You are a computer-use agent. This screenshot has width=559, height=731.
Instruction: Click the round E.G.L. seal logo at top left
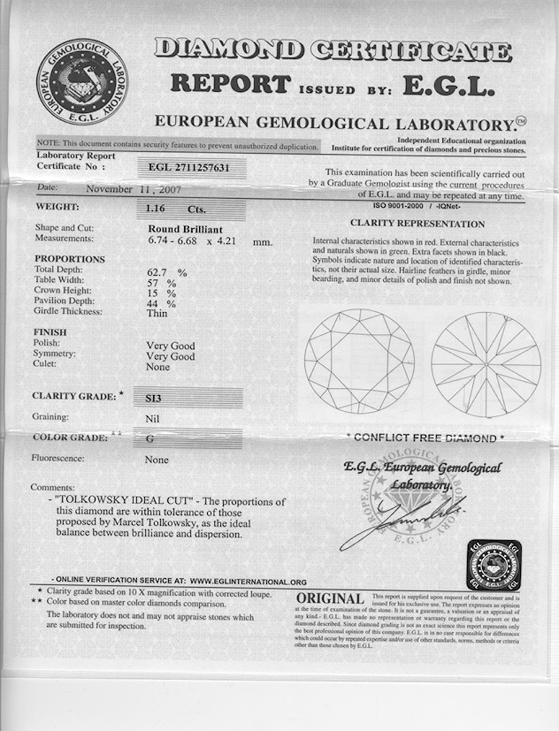[x=82, y=80]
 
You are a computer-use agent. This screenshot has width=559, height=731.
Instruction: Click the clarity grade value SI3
[x=154, y=399]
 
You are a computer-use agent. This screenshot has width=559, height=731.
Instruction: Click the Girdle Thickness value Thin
[x=157, y=311]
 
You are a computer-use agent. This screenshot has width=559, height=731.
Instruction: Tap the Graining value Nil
[x=152, y=417]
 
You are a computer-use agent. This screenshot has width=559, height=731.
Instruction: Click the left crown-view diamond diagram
[x=359, y=361]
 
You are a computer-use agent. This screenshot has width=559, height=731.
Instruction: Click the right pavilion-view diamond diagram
[x=486, y=363]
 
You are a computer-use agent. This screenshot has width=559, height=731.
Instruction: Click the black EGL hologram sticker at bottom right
[x=494, y=566]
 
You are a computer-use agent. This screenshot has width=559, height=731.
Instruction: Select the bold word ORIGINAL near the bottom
[x=331, y=600]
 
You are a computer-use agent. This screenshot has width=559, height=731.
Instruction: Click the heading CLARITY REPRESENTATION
[x=417, y=224]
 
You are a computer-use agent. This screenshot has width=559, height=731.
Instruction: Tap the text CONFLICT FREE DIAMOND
[x=426, y=438]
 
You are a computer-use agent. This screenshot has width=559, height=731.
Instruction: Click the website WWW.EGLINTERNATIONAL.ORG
[x=249, y=582]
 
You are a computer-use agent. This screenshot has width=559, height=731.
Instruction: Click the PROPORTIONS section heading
[x=69, y=259]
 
